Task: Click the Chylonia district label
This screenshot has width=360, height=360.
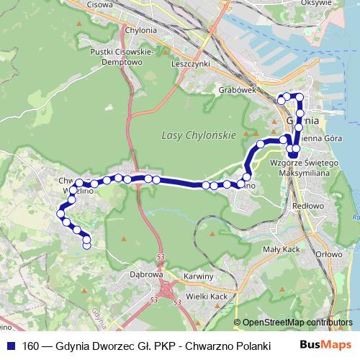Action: click(x=140, y=30)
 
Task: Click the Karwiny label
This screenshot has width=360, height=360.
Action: click(x=198, y=276)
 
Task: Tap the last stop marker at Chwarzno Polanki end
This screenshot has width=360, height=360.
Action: click(x=87, y=246)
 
